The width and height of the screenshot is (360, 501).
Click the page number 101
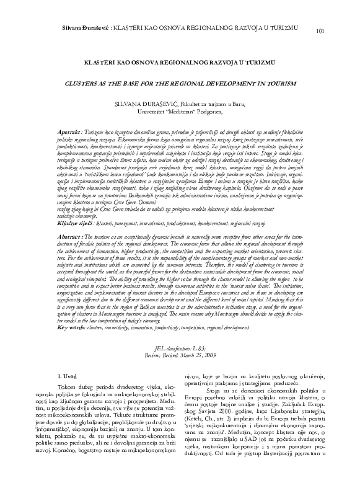[x=320, y=31]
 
